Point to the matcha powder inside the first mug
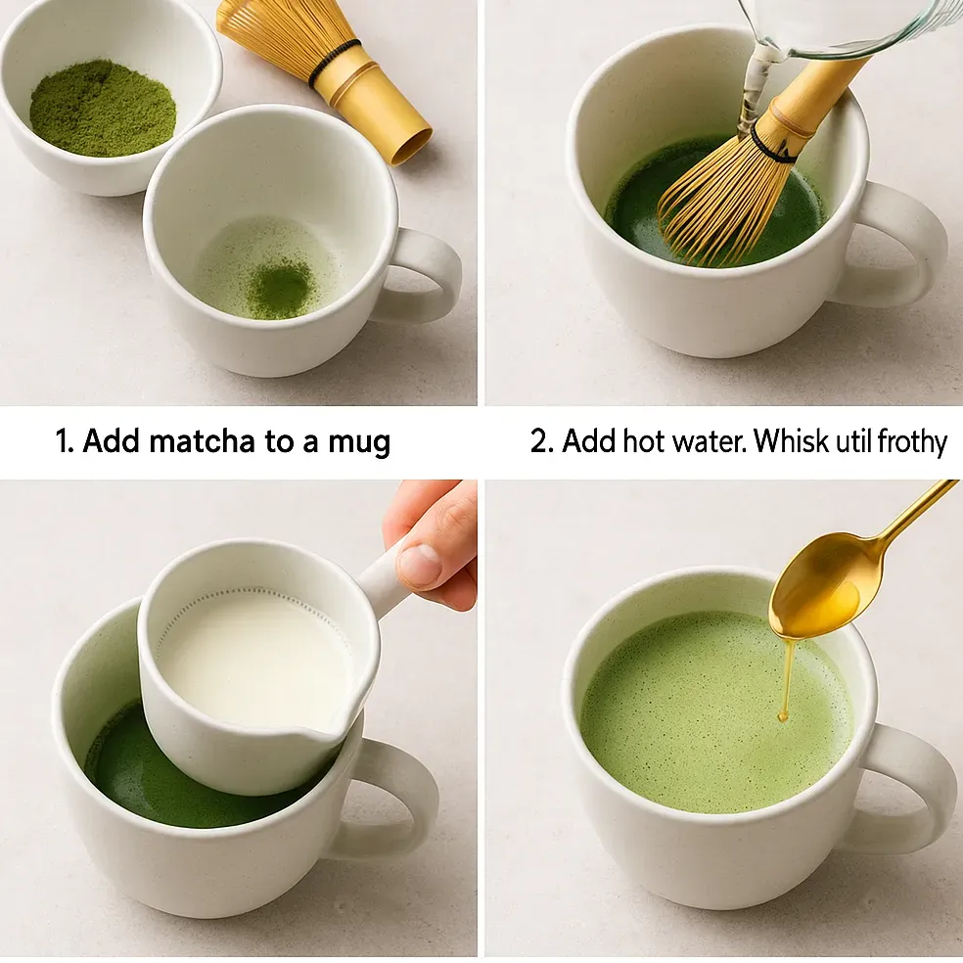[279, 289]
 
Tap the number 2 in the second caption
[539, 441]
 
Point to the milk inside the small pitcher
[250, 656]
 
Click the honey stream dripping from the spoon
[786, 680]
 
